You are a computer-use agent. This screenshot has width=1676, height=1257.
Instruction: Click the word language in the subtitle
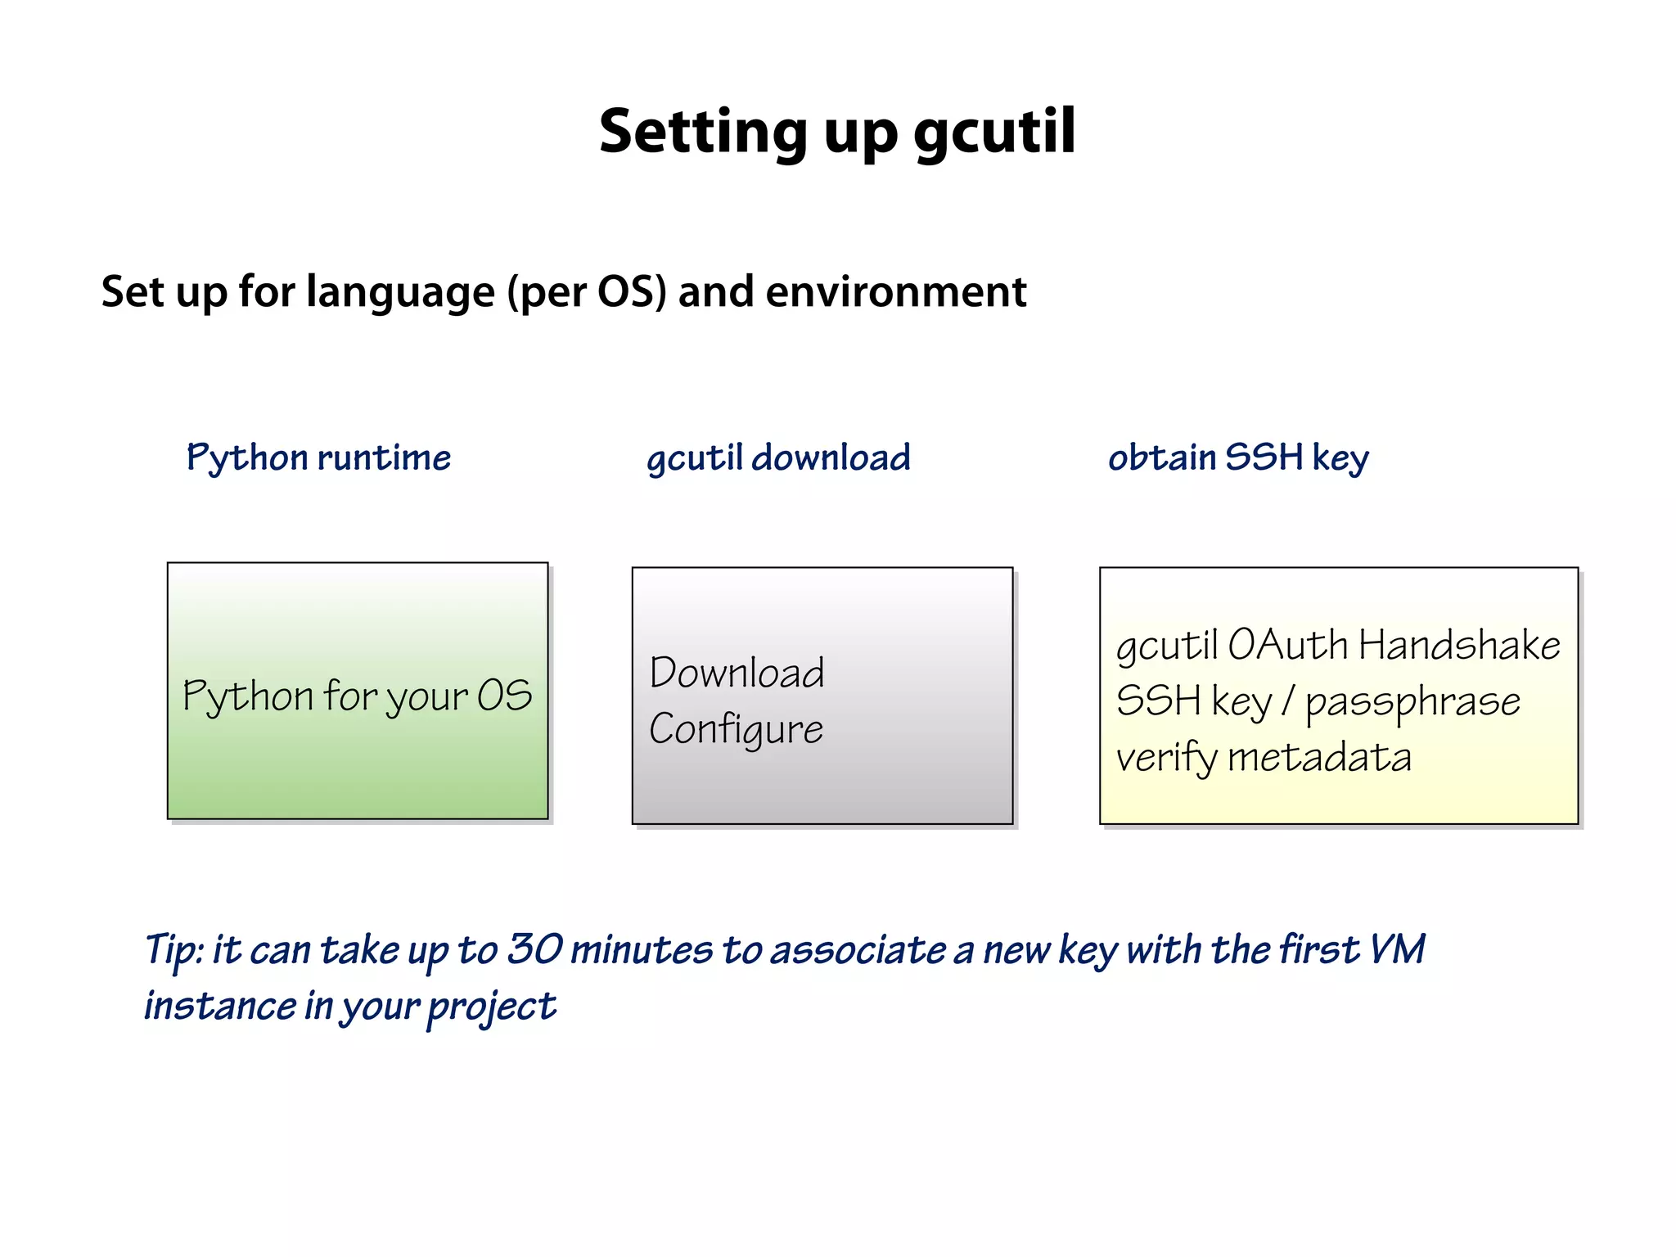400,292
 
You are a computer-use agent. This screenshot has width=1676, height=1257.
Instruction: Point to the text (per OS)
587,292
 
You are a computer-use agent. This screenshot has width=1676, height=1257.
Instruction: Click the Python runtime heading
318,457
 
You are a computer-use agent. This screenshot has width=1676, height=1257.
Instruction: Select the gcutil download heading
778,457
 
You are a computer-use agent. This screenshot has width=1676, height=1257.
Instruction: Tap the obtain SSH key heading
1238,457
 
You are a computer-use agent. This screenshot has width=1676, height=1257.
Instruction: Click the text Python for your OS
357,696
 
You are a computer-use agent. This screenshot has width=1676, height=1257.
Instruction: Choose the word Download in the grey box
737,673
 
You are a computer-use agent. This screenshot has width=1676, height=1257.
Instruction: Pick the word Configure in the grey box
736,729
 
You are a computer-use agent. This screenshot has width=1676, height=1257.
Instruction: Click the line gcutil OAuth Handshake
1338,645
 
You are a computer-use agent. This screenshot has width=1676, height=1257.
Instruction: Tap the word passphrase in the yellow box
1412,702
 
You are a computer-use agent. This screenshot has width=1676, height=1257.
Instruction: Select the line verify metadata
1264,757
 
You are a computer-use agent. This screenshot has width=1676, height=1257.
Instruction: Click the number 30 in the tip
534,949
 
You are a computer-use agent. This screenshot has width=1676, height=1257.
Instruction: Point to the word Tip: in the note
174,951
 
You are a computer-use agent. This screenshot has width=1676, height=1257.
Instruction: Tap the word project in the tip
491,1007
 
